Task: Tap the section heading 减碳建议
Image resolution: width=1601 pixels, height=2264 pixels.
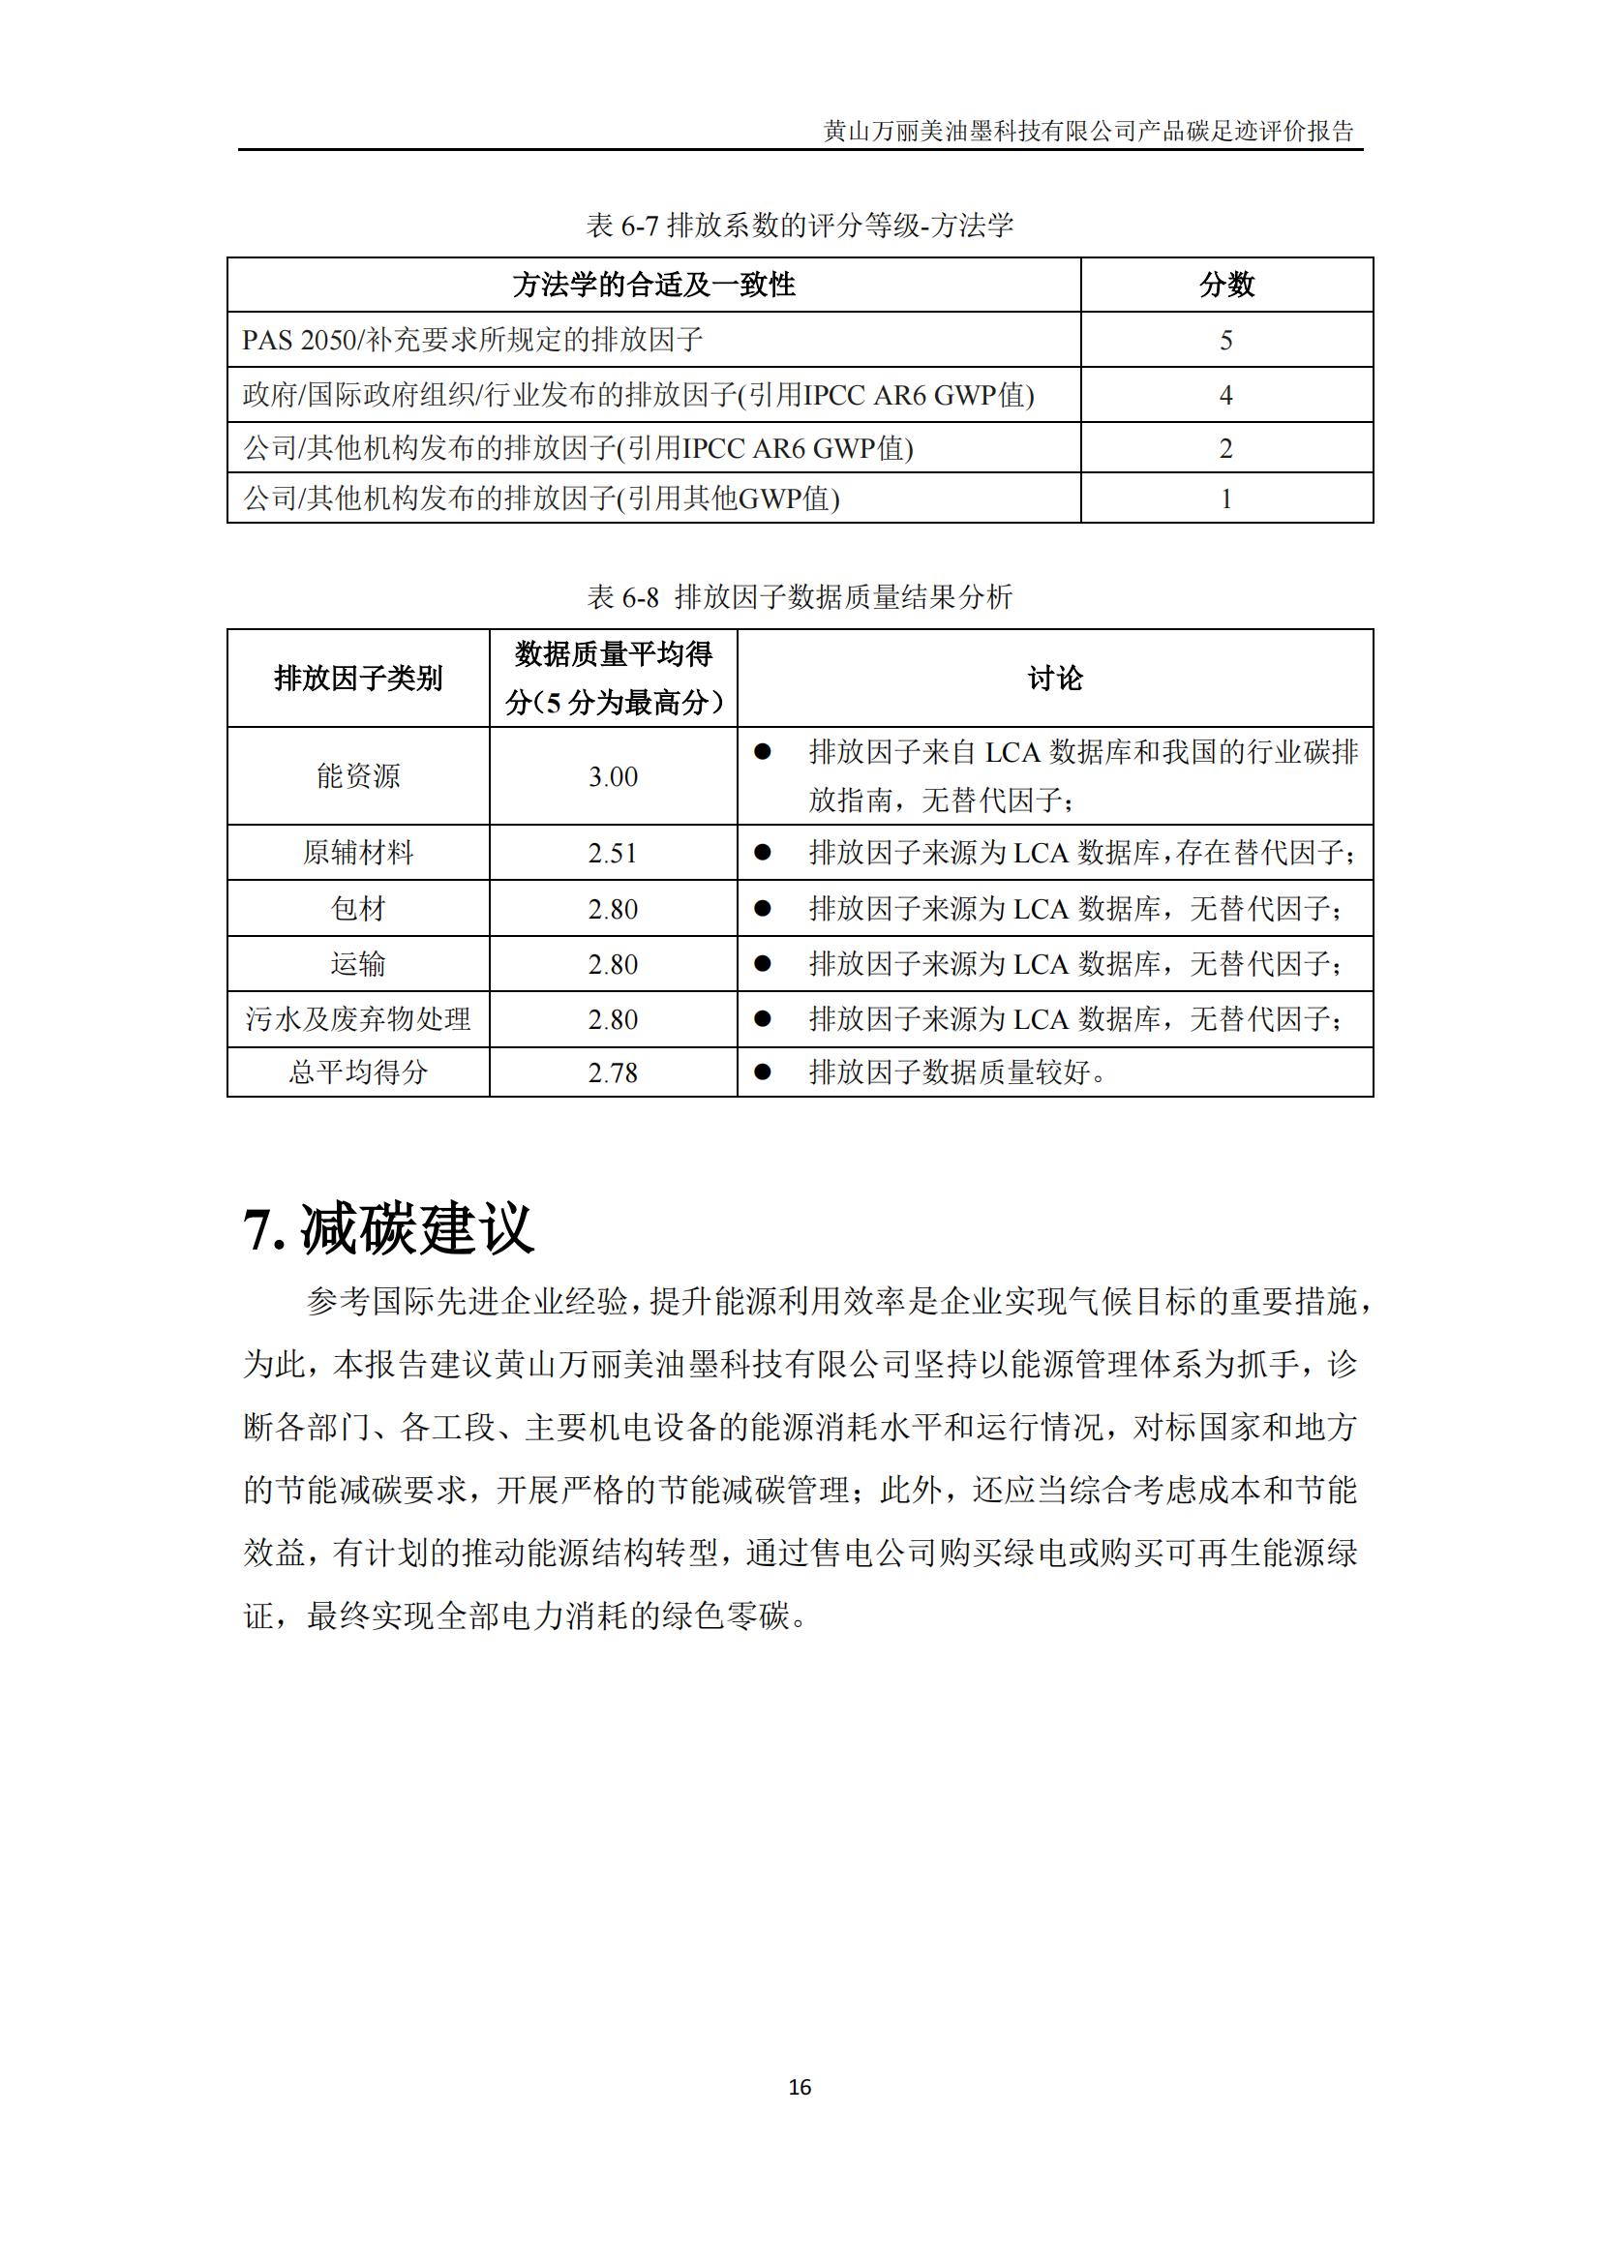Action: coord(388,1229)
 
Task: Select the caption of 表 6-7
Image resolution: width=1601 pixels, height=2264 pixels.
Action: coord(800,226)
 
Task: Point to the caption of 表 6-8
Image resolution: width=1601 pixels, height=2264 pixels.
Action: coord(800,596)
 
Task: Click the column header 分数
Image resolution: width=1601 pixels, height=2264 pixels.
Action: coord(1226,285)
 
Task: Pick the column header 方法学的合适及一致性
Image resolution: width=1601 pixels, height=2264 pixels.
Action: coord(653,285)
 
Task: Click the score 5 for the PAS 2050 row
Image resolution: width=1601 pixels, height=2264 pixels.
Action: coord(1226,340)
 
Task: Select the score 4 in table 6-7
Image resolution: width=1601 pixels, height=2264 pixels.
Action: coord(1226,396)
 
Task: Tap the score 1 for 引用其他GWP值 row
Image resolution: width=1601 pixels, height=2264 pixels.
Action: coord(1226,498)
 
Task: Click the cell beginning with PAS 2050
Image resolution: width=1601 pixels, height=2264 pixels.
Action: coord(472,340)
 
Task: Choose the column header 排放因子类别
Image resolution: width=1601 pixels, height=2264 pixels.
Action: coord(358,679)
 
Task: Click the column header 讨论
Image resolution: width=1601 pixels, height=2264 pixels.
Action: coord(1055,679)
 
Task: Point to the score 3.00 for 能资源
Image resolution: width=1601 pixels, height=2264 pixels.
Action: coord(613,777)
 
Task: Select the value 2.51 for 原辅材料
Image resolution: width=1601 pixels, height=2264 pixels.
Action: coord(613,853)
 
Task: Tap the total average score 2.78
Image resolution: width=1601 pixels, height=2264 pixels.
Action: coord(613,1072)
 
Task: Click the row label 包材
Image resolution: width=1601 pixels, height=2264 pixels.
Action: coord(358,909)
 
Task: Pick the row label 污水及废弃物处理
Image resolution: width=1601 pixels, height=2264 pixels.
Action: coord(358,1019)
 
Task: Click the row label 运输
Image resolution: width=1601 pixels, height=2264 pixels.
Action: coord(358,964)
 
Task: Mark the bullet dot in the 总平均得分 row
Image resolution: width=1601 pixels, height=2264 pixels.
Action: coord(762,1072)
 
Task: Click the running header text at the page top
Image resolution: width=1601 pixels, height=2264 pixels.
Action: coord(1088,131)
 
